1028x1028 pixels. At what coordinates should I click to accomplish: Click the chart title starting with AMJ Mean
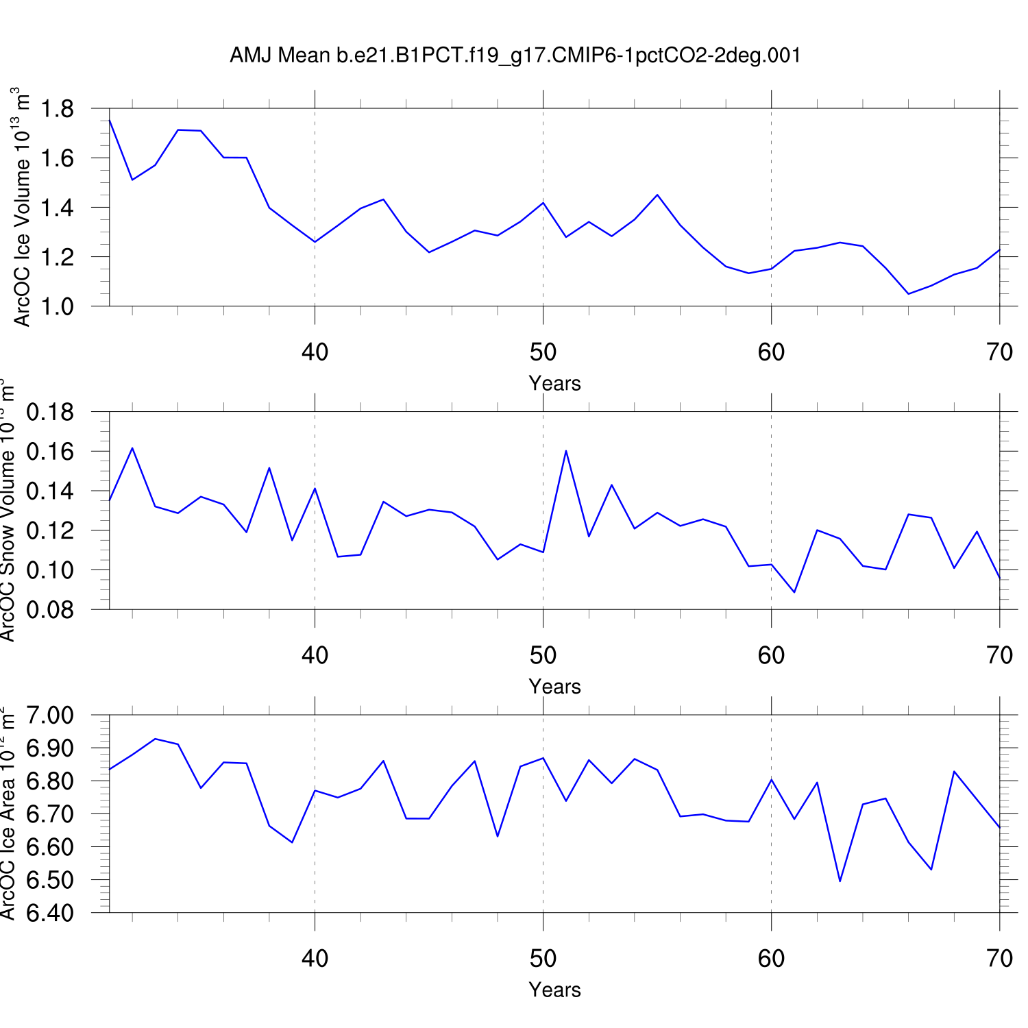(515, 56)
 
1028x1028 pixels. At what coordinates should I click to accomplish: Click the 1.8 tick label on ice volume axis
(57, 109)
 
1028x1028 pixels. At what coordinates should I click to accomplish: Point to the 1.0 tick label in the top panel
(57, 306)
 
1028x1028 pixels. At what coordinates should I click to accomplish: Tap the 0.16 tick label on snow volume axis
(49, 452)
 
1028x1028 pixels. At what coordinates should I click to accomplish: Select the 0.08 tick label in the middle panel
(49, 610)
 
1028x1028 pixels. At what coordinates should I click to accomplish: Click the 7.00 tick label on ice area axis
(49, 715)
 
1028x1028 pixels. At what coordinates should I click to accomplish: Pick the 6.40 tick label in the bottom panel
(49, 913)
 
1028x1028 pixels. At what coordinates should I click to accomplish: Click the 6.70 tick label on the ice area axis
(49, 814)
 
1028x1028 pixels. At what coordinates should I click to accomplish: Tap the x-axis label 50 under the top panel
(543, 352)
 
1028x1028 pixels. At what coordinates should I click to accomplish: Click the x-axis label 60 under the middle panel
(771, 656)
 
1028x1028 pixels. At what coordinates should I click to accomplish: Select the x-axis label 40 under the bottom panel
(315, 959)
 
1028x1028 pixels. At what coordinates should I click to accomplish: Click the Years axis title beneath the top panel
(554, 384)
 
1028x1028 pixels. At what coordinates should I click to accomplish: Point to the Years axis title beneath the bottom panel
(554, 990)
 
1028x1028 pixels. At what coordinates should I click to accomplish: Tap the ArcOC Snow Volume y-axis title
(8, 511)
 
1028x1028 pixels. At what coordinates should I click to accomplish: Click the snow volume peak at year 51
(566, 451)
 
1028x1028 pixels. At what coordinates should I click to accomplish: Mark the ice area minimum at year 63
(840, 881)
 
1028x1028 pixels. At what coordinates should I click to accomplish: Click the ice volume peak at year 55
(657, 195)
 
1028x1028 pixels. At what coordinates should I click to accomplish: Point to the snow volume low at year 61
(794, 592)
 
